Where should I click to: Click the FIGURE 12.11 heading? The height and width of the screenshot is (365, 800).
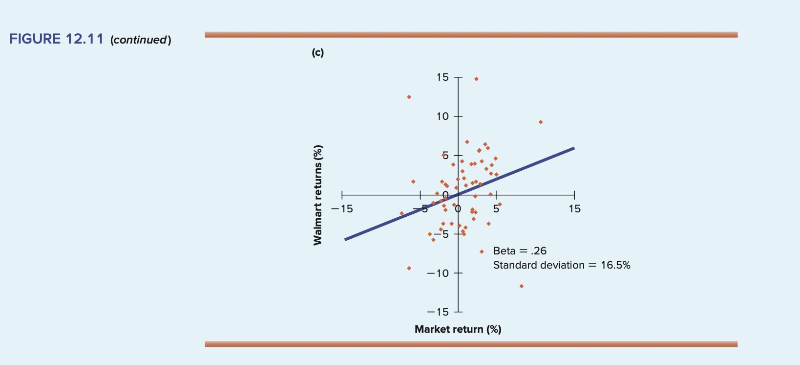coord(56,39)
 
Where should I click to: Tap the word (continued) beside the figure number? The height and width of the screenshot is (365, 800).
coord(141,40)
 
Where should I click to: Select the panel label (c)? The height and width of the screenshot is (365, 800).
coord(317,53)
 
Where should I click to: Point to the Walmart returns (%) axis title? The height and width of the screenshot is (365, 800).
coord(318,195)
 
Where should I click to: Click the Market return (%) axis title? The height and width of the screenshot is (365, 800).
coord(458,329)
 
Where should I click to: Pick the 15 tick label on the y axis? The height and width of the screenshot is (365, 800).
coord(442,77)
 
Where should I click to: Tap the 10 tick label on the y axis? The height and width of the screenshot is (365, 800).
coord(442,116)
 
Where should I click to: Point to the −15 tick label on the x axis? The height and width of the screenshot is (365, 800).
coord(341,209)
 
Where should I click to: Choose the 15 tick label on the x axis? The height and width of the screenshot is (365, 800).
coord(575,209)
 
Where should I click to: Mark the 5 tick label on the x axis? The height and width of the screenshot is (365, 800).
coord(496,209)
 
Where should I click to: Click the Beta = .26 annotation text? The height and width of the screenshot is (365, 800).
coord(520,251)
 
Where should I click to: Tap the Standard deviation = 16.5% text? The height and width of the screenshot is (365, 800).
coord(562,265)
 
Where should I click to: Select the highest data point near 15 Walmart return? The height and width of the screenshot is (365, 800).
coord(476,79)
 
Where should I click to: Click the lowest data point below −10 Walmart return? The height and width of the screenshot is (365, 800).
coord(521,286)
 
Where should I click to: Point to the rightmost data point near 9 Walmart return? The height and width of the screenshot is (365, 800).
coord(541,122)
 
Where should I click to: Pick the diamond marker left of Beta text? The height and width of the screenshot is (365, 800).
coord(482,251)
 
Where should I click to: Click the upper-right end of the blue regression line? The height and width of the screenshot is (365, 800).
coord(573,148)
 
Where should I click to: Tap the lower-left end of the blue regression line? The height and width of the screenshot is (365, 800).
coord(345,239)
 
